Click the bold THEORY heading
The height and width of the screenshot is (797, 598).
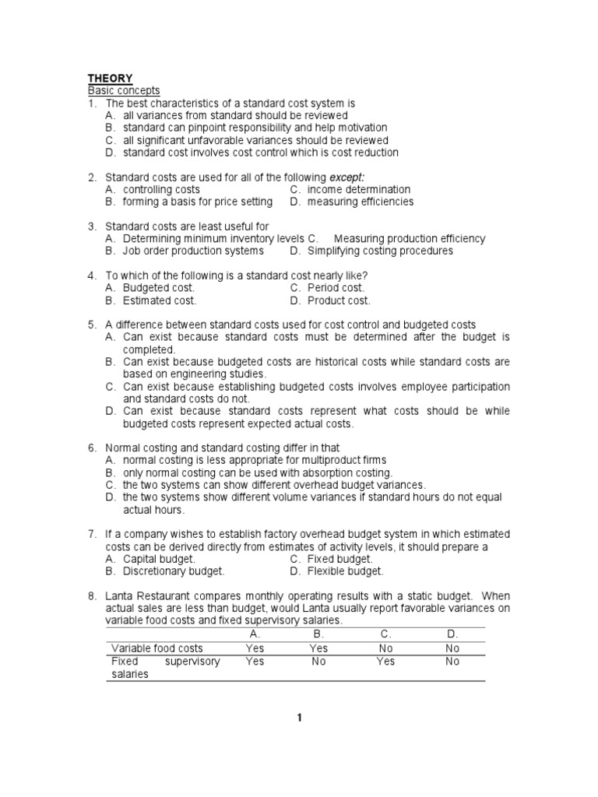[x=110, y=78]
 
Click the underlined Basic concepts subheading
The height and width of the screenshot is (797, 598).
[x=124, y=90]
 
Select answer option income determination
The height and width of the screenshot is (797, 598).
[x=358, y=190]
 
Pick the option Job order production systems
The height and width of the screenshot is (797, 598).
[x=192, y=251]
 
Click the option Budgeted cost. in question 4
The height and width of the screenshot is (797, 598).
[x=158, y=288]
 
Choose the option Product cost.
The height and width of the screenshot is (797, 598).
[x=339, y=300]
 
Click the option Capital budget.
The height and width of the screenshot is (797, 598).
[x=159, y=559]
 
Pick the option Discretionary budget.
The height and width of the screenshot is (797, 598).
[x=173, y=571]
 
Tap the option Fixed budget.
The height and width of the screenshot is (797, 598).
[x=339, y=559]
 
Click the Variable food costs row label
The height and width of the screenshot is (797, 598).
[x=157, y=648]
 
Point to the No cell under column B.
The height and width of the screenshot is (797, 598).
[x=318, y=662]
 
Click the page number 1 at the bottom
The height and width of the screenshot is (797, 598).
[x=298, y=718]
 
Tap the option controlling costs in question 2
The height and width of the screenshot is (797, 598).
[x=161, y=190]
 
